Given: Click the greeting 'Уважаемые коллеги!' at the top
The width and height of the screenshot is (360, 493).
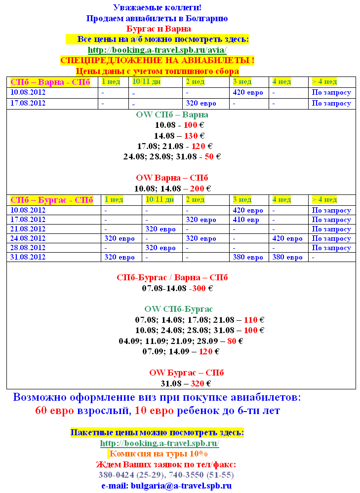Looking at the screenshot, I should (157, 7).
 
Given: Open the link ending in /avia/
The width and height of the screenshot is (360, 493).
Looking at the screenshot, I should (157, 50).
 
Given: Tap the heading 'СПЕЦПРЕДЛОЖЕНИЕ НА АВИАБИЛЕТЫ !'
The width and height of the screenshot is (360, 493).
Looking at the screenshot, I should (157, 61).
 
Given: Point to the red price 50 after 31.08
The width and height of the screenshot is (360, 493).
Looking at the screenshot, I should (209, 156).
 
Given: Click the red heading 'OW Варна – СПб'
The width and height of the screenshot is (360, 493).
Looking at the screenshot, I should (172, 178).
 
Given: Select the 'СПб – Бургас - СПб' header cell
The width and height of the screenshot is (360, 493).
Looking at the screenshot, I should (52, 200).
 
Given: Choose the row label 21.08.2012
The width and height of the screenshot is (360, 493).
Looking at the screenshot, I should (28, 229).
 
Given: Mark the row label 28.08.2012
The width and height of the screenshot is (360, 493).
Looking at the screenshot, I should (28, 248).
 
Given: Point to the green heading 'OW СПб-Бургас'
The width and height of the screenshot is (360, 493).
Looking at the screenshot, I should (179, 309).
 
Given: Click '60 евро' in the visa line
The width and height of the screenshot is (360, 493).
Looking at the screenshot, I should (55, 411).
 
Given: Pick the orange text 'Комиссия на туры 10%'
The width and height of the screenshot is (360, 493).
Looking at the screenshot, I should (158, 454).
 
